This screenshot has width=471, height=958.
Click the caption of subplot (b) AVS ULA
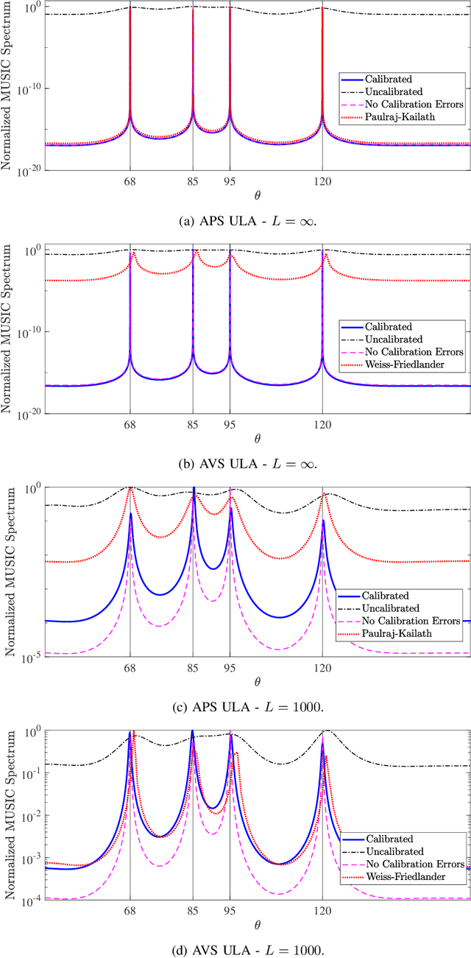click(x=235, y=463)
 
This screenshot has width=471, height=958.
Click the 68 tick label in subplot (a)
click(x=130, y=182)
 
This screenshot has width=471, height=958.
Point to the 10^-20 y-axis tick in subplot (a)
click(x=29, y=169)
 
